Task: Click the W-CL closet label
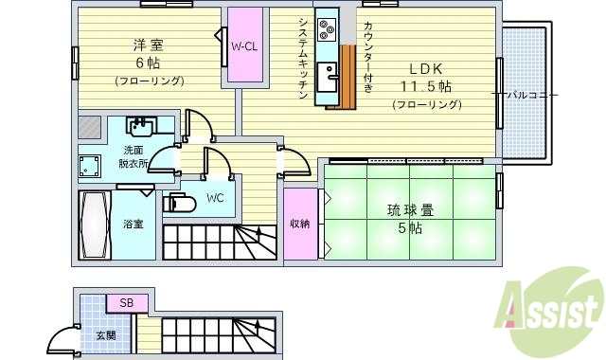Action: point(244,45)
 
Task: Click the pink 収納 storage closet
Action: point(300,225)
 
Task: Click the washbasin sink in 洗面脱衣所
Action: point(143,127)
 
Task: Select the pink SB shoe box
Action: point(125,303)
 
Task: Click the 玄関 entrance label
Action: point(103,335)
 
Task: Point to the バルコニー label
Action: point(531,95)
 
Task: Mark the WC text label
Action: point(214,199)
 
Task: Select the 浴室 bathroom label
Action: point(133,225)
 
